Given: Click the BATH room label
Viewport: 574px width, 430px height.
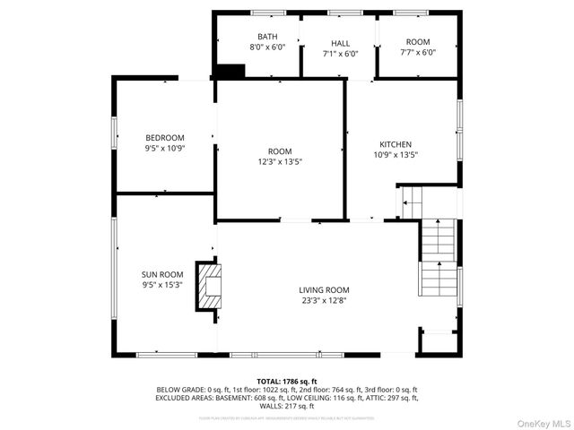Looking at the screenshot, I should pos(267,37).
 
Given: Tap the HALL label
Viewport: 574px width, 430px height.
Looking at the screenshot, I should pos(340,42).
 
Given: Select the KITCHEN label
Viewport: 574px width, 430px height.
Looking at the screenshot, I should pos(395,144).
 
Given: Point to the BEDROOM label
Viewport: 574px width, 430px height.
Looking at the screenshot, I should pos(164,137).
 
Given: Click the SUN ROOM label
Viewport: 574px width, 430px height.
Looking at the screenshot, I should pos(162,274).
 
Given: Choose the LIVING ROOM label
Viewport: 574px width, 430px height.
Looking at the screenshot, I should pos(324,289).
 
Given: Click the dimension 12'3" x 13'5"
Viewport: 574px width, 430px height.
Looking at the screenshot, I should pos(280,162).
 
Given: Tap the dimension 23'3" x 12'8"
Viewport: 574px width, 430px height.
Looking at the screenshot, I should pos(324,301).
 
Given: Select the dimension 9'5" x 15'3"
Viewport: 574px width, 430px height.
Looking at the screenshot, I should pos(162,286).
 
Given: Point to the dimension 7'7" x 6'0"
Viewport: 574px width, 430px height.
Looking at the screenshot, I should pos(418,53).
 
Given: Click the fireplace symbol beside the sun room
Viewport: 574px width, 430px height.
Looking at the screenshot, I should pos(210,287).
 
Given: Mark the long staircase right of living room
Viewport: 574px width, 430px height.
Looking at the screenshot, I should pos(439,259).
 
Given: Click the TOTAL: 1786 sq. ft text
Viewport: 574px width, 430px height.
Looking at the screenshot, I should pos(287,381).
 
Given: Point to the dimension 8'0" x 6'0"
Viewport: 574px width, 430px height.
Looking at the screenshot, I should pos(267,47).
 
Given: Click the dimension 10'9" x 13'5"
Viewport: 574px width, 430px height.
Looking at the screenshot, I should pos(395,155).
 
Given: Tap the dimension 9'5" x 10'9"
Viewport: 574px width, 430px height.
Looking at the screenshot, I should pos(164,149).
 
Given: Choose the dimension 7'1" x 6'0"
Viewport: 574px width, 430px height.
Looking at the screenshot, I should pos(340,54).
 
